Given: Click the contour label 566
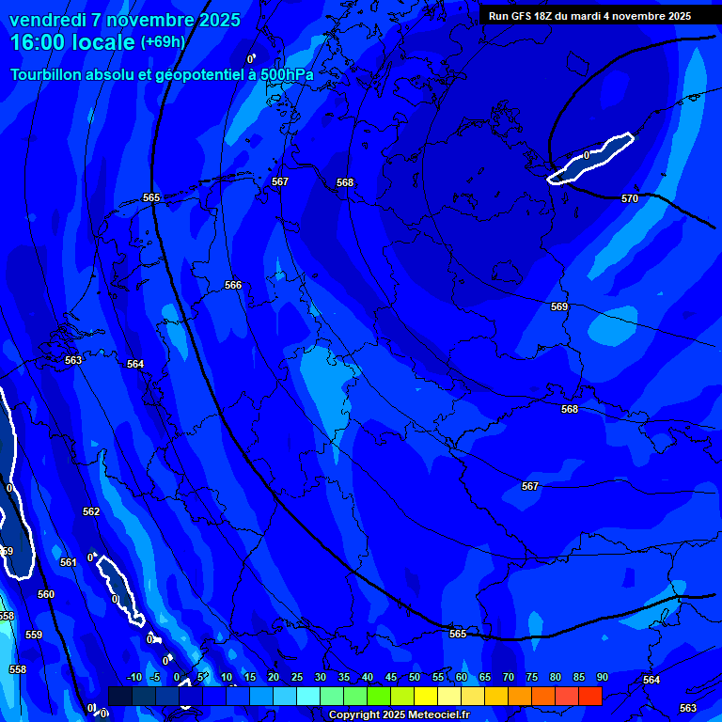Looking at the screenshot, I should [233, 285].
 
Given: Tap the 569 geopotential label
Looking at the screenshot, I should [559, 307].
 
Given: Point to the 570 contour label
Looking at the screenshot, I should [630, 198].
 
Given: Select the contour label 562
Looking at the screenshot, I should [91, 512].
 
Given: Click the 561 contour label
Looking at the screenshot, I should [69, 562].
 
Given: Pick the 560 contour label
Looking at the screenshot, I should [46, 594].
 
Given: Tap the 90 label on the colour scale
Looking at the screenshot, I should [602, 677].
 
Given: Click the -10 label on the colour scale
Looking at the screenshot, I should [133, 677].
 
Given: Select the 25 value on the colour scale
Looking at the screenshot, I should [296, 677].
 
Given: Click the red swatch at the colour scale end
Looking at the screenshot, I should [590, 696].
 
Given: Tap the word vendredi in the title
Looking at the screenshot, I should [48, 20].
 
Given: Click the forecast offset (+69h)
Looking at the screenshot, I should [163, 42].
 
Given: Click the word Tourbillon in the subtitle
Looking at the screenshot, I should [46, 74].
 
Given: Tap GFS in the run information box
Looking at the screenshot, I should [525, 16].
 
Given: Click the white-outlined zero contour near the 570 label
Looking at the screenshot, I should [592, 158].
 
